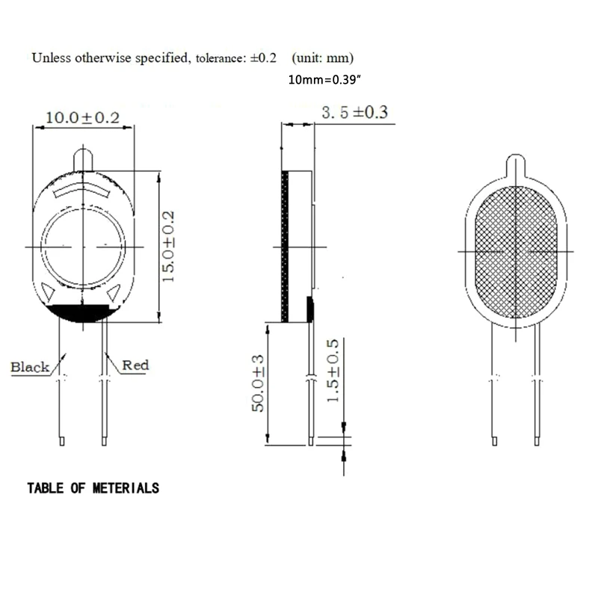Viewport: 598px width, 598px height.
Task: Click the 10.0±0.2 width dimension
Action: (83, 117)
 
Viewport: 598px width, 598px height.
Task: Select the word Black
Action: (30, 367)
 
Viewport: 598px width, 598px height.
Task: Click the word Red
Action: (135, 365)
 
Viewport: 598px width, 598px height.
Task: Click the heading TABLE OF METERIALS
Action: (93, 489)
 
